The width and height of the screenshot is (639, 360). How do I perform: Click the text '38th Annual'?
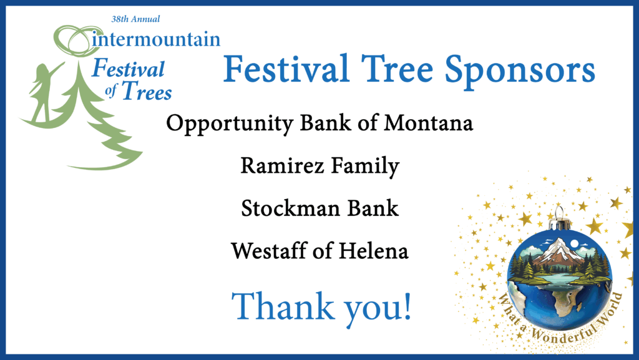click(135, 19)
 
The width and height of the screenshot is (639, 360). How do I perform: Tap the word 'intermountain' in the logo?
click(157, 39)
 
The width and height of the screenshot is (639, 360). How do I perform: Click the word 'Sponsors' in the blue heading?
click(520, 71)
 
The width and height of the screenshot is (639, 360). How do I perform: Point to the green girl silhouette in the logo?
click(44, 93)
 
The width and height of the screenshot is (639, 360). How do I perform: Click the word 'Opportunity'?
click(230, 124)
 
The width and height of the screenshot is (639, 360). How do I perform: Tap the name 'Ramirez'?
click(283, 166)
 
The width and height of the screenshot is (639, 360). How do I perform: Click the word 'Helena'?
click(373, 250)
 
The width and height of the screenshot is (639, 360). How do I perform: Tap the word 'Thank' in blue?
click(283, 306)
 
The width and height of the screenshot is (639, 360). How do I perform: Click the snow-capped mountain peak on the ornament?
click(559, 248)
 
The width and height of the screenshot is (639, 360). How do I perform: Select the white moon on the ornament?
click(575, 243)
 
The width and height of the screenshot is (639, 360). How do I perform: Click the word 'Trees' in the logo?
click(147, 91)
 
